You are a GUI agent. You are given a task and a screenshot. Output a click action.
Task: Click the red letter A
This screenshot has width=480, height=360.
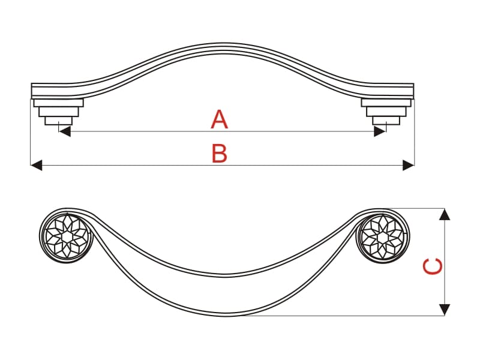(x=220, y=119)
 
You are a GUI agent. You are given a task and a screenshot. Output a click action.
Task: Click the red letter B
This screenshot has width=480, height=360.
(x=220, y=154)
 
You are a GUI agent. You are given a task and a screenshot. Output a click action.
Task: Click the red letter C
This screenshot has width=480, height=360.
(x=432, y=266)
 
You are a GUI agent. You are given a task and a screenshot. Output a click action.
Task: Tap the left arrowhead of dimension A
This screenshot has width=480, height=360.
(x=65, y=131)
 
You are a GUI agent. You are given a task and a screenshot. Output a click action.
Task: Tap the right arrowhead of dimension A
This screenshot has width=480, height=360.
(x=380, y=131)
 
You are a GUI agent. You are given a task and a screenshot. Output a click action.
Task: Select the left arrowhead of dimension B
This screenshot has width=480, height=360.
(x=36, y=166)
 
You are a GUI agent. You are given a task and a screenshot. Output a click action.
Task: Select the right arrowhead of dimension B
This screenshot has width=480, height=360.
(x=409, y=166)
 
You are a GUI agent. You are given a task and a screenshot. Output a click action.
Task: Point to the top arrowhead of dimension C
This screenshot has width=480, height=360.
(x=445, y=214)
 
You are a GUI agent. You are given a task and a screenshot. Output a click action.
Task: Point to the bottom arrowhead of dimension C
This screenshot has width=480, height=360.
(x=445, y=310)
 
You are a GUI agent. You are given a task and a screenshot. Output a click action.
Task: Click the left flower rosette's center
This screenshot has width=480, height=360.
(x=66, y=236)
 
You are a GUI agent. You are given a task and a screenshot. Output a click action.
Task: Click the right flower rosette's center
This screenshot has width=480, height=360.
(x=383, y=236)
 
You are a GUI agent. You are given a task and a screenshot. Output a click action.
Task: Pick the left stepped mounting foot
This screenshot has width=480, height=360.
(x=58, y=112)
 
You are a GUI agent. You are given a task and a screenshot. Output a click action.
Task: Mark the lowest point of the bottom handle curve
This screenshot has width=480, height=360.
(x=224, y=316)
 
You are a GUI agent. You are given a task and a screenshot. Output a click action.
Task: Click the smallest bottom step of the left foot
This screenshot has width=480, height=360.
(x=59, y=121)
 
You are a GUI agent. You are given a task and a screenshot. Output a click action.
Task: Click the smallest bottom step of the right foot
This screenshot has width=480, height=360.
(x=386, y=121)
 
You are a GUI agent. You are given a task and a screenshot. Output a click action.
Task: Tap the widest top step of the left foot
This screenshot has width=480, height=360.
(x=58, y=103)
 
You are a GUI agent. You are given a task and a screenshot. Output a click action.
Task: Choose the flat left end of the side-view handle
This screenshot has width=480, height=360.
(x=32, y=91)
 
